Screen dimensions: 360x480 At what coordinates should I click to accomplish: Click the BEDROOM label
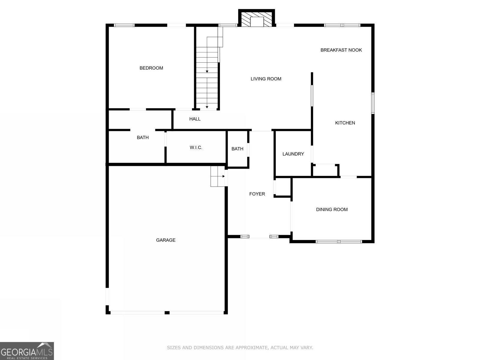151,68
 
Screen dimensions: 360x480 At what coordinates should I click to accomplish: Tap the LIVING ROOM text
266,79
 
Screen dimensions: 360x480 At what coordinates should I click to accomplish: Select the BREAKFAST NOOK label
341,50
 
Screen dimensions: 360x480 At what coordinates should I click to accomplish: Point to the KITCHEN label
345,123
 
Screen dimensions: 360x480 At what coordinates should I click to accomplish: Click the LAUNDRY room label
293,154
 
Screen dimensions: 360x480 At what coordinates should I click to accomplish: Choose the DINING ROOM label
332,209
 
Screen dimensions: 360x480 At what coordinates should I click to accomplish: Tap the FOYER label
257,194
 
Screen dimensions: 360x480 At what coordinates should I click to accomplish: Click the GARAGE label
166,240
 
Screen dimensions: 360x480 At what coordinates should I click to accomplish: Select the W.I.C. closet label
196,148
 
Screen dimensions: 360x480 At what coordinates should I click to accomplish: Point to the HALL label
195,119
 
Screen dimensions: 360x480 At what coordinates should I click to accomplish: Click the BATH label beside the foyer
237,149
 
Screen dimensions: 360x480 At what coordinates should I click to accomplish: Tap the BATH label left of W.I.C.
142,137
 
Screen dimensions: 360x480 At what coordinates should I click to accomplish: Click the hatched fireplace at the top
257,19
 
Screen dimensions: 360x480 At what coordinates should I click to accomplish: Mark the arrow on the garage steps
223,176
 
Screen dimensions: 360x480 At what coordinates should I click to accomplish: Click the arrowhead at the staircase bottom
207,107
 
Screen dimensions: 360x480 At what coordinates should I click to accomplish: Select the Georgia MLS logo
27,351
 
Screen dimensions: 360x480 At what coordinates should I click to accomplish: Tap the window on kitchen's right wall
373,103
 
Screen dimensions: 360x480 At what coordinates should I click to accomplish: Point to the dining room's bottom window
339,241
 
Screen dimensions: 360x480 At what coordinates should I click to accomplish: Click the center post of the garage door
167,313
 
